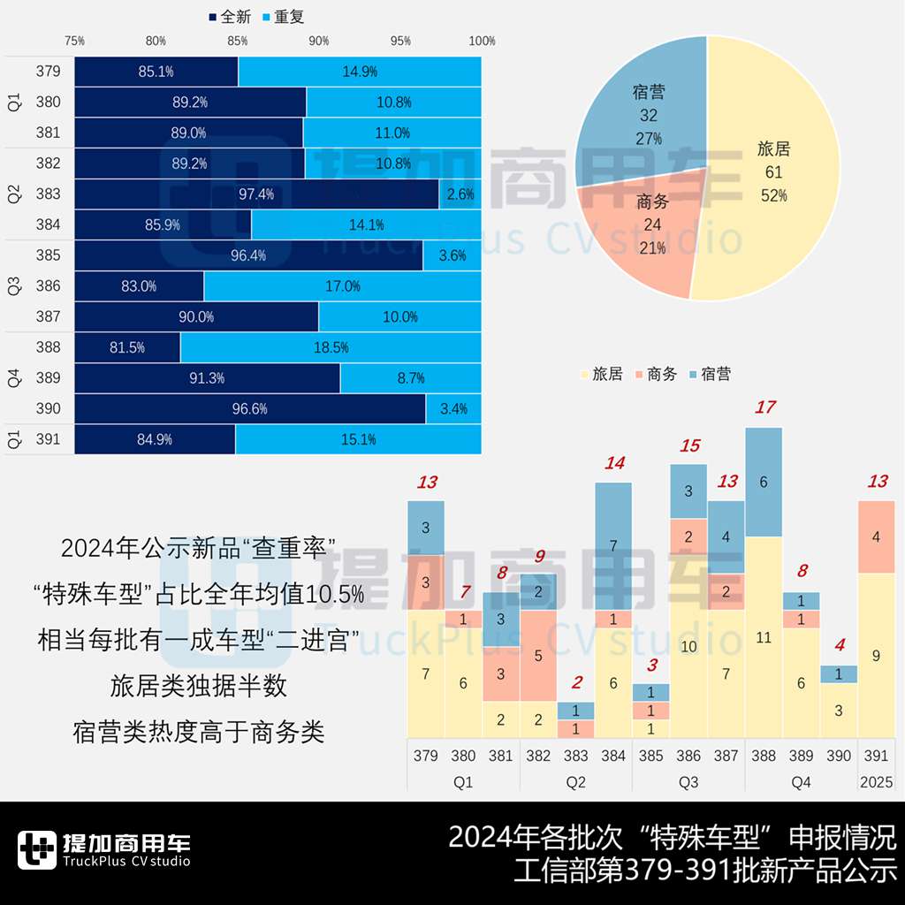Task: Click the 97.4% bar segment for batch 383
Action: [256, 194]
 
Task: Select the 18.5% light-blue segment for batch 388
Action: [331, 347]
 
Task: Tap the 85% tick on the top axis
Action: [238, 41]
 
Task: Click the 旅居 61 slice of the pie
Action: [773, 168]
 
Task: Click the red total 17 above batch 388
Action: [764, 407]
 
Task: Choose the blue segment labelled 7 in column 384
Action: [613, 546]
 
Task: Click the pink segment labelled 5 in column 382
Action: [538, 656]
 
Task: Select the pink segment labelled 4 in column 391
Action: [876, 536]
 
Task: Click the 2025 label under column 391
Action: [876, 782]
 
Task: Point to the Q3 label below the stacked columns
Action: [688, 782]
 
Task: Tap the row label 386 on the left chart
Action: [49, 286]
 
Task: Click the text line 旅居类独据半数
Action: [199, 686]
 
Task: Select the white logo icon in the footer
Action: [36, 851]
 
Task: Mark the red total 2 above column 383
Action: [576, 682]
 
